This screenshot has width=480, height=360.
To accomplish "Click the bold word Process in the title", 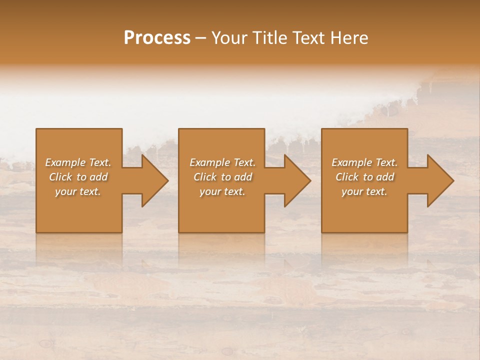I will (157, 38).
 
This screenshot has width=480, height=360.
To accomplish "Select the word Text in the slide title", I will (308, 38).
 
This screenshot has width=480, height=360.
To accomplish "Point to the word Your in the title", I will (229, 38).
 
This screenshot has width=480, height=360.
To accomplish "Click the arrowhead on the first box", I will (152, 180).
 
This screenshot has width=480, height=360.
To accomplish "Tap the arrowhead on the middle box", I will (295, 180).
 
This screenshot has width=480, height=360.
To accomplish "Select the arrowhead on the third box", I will (438, 180).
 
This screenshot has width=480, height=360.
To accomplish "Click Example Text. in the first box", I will (78, 162).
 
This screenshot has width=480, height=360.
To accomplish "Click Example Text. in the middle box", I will (222, 162).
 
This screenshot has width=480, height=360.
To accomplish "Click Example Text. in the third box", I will (364, 162).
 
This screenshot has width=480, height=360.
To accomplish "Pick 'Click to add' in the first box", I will (78, 177).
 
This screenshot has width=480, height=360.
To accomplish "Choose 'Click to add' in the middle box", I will (222, 177).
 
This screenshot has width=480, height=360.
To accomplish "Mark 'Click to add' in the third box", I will (364, 177).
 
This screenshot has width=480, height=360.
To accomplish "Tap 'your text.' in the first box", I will (78, 191).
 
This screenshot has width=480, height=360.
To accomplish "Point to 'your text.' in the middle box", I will (222, 191).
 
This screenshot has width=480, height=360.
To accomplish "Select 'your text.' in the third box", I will (364, 191).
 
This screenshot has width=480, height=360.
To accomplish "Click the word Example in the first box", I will (65, 162).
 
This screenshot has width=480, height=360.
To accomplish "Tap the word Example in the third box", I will (351, 162).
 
